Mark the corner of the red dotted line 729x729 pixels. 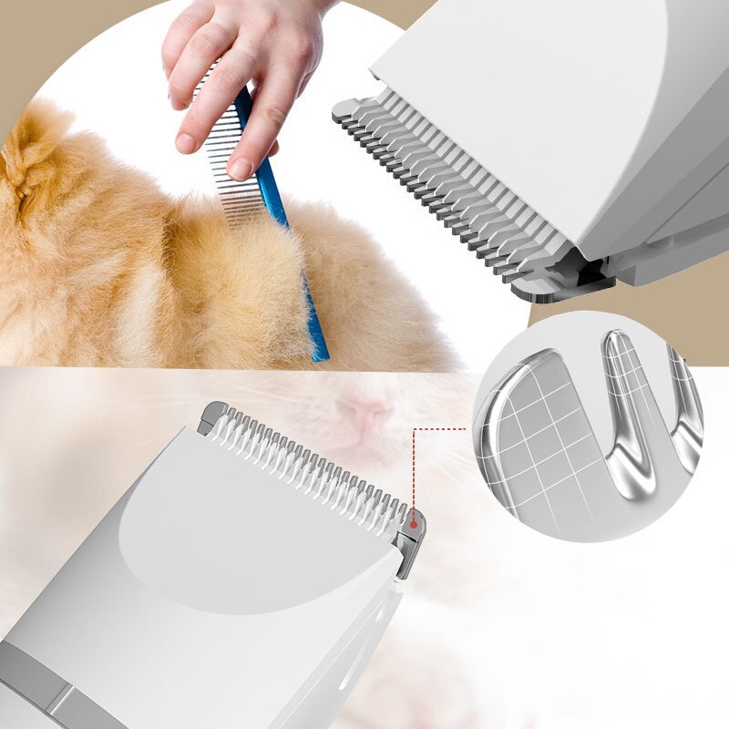(x=414, y=427)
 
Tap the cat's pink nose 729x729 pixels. (x=364, y=416)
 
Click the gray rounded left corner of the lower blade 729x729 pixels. (x=212, y=415)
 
